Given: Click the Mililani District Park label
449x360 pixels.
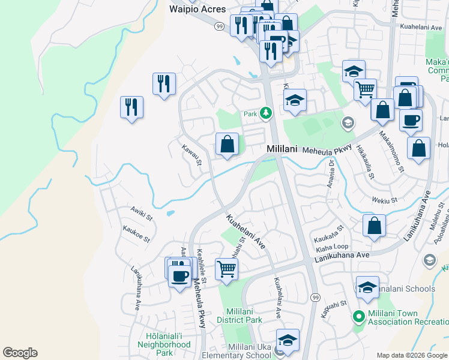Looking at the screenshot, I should point(244,316).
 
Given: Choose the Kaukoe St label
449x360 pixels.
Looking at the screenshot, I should point(136,233).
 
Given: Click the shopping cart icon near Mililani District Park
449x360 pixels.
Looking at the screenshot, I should point(226,269).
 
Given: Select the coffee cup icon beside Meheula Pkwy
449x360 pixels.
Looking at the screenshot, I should point(179,275).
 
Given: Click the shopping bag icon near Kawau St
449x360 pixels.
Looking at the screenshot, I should point(227,145).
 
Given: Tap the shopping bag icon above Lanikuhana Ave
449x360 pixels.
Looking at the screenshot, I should point(374,226).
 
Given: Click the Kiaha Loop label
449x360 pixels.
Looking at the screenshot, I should point(332,247).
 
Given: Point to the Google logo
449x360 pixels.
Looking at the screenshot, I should point(20,353).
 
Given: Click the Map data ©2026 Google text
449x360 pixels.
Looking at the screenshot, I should point(412,355).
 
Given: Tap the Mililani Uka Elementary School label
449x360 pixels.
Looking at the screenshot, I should point(249,352).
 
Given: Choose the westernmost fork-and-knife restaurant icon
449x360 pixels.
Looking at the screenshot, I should point(131,107).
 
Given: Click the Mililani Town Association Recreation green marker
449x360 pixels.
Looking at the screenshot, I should point(359,316).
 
